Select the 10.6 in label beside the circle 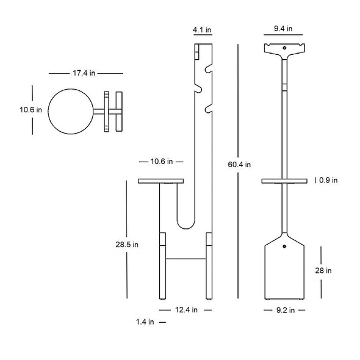click(30, 110)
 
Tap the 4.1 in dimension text click(202, 29)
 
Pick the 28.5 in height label click(126, 244)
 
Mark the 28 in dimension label click(324, 270)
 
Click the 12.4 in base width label click(186, 310)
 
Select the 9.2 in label click(283, 310)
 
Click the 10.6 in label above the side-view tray click(161, 161)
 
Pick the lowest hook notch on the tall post click(208, 109)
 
